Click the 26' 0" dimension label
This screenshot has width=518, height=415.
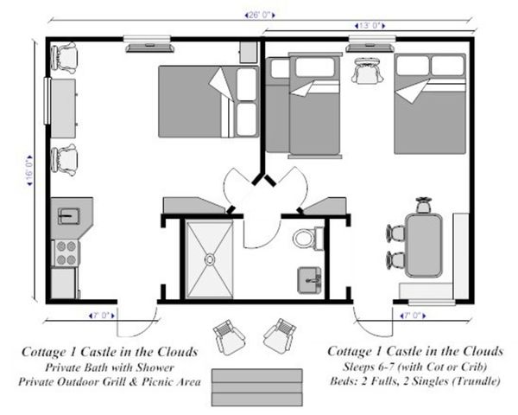coord(260,16)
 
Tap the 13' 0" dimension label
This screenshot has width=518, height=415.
coord(370,26)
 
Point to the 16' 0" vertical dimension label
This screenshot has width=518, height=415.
coord(29,170)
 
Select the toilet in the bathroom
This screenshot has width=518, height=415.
coord(308,238)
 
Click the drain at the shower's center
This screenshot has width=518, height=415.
coord(210,259)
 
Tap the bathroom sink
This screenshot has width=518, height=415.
coord(310,280)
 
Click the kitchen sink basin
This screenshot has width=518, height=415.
coord(69,216)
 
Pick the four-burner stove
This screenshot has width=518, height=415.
coord(66,252)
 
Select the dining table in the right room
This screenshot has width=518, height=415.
coord(424,246)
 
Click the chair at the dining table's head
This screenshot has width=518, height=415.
coord(424,205)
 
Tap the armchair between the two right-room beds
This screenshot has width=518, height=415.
coord(367,71)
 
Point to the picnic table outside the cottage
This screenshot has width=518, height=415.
coord(257,387)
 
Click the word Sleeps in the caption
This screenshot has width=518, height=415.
coord(357,367)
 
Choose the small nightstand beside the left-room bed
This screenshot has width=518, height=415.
coord(249,52)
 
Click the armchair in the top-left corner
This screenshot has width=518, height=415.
coord(64,56)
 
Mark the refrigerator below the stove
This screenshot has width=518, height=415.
coord(65,284)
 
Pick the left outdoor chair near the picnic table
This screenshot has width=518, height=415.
coord(229,337)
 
